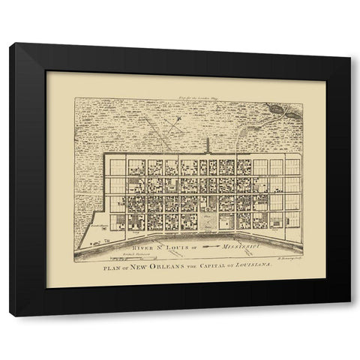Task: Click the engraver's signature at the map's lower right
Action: tap(287, 256)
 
